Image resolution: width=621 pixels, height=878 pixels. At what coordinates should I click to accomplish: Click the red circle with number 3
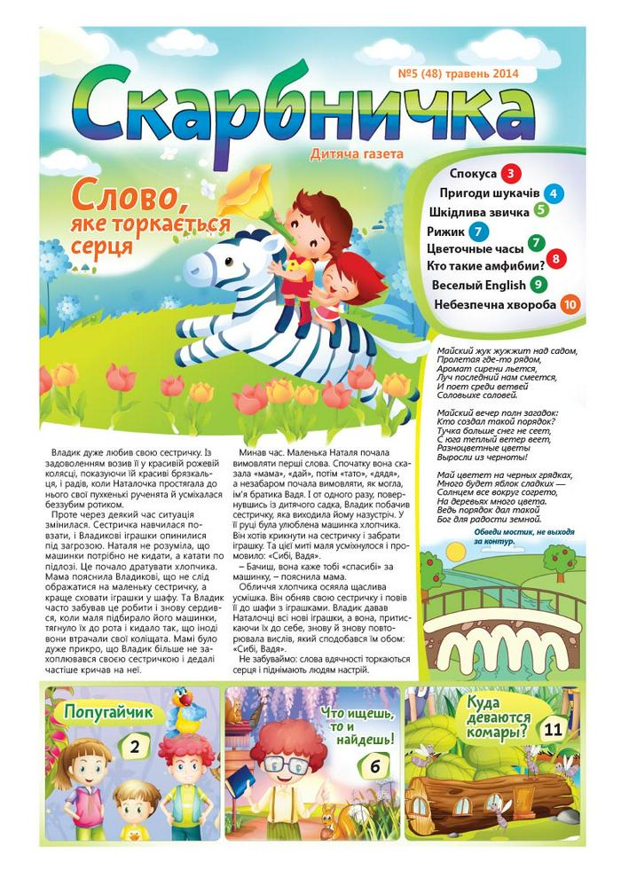click(x=512, y=173)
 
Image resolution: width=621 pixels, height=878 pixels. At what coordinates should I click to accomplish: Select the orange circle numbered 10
click(x=571, y=304)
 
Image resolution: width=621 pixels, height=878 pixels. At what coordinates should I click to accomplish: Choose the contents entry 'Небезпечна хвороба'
click(x=495, y=305)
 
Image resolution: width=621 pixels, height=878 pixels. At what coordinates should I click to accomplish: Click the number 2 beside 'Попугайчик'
click(x=134, y=747)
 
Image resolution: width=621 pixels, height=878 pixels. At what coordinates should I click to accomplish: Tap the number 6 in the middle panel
click(x=376, y=765)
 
